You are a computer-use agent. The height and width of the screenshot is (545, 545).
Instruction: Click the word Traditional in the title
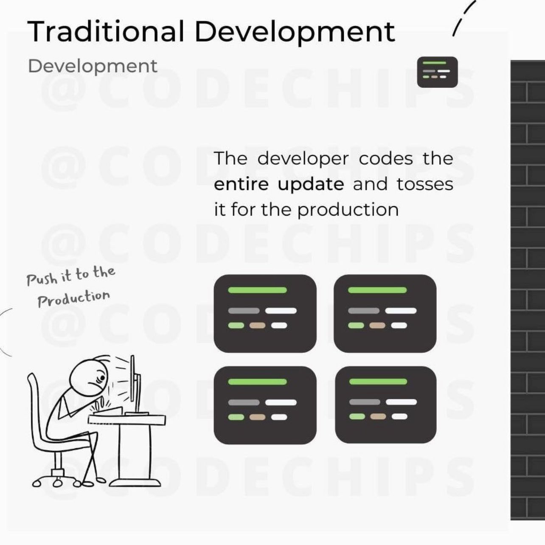(106, 31)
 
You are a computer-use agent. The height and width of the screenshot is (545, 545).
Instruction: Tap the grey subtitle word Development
(92, 66)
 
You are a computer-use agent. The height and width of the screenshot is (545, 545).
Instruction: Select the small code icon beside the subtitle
(437, 72)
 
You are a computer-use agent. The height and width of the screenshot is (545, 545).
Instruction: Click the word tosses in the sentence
(425, 184)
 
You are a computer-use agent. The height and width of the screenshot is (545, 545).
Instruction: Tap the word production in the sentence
(348, 210)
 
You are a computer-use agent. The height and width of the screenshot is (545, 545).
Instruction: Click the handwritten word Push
(42, 279)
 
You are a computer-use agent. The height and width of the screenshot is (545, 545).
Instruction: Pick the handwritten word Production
(73, 298)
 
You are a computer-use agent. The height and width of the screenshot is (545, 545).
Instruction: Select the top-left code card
(265, 313)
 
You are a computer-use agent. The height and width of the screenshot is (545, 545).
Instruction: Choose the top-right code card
(385, 313)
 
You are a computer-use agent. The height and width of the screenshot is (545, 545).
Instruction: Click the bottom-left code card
(265, 405)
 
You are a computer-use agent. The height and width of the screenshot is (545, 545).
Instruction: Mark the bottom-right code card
(385, 405)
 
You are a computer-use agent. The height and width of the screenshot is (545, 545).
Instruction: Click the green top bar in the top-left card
(257, 290)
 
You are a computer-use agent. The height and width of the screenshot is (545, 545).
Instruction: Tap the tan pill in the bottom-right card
(378, 416)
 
